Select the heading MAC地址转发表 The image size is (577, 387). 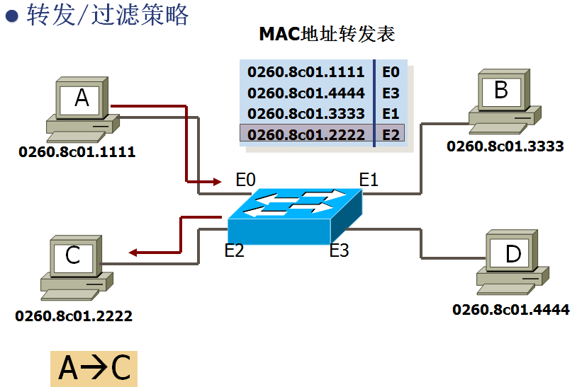(x=326, y=33)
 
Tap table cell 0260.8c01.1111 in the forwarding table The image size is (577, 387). (x=306, y=72)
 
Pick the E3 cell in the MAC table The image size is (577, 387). (x=391, y=93)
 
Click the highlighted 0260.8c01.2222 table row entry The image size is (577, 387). (x=306, y=134)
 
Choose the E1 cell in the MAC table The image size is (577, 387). (x=391, y=113)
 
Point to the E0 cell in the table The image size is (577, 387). (x=391, y=72)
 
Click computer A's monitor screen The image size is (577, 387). (x=82, y=98)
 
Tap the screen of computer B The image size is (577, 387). (x=500, y=90)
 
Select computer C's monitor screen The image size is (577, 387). (x=74, y=255)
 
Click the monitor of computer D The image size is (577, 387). (x=512, y=253)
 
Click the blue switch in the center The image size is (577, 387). (x=294, y=216)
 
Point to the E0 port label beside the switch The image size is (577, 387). (x=245, y=180)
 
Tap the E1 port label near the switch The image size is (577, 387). (x=369, y=180)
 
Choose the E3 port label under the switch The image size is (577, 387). (x=340, y=250)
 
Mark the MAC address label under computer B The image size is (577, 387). (x=505, y=146)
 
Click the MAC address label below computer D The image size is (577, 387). (x=510, y=309)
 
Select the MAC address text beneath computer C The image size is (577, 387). (x=74, y=316)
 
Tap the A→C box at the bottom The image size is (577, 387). (x=94, y=369)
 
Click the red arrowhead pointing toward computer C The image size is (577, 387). (x=133, y=252)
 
